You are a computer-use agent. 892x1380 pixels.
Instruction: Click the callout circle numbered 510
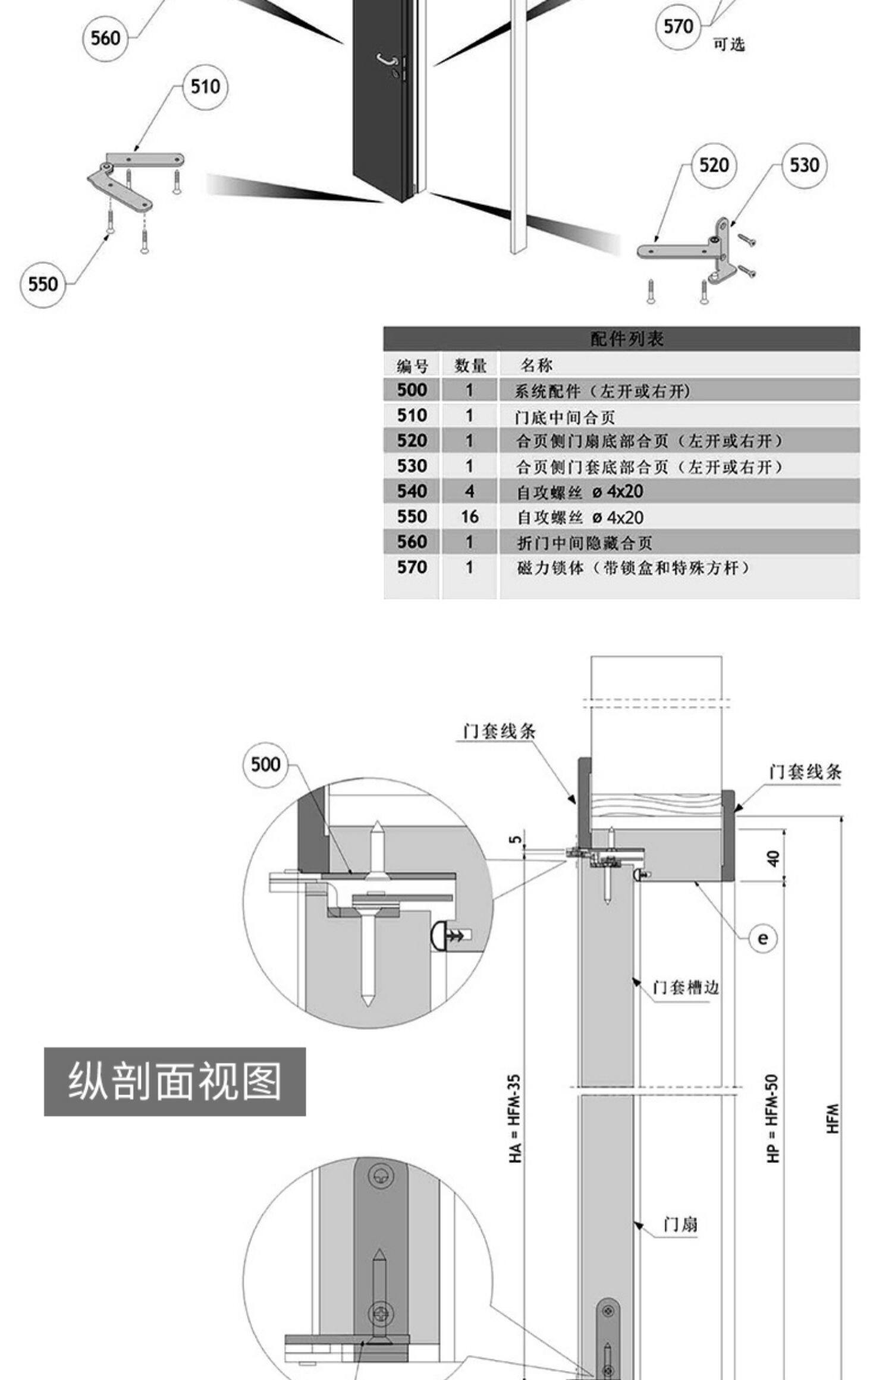[x=205, y=87]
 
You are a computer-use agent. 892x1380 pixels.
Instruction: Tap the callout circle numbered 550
[x=43, y=284]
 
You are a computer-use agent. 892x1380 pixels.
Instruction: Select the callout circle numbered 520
[x=714, y=165]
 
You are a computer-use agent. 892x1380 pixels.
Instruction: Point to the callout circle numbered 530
[x=804, y=165]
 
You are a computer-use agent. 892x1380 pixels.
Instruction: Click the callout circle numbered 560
[x=105, y=39]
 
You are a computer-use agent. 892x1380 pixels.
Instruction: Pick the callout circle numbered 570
[x=679, y=27]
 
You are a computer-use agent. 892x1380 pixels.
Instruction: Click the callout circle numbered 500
[x=265, y=764]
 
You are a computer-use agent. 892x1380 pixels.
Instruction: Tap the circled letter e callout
[x=762, y=938]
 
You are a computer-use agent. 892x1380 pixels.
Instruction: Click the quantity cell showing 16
[x=469, y=517]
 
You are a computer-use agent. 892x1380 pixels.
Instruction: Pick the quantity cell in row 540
[x=469, y=491]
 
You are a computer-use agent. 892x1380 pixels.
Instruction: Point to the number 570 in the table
[x=412, y=568]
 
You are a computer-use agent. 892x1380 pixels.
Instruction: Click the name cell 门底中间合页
[x=565, y=417]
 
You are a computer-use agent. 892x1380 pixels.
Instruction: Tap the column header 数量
[x=470, y=366]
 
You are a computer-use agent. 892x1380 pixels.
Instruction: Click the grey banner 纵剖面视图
[x=175, y=1082]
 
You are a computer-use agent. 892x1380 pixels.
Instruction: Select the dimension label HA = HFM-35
[x=515, y=1118]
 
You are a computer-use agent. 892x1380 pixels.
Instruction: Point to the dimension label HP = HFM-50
[x=772, y=1118]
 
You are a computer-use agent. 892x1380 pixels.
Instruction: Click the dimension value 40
[x=772, y=859]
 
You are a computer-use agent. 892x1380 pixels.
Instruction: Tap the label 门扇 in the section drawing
[x=680, y=1224]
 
